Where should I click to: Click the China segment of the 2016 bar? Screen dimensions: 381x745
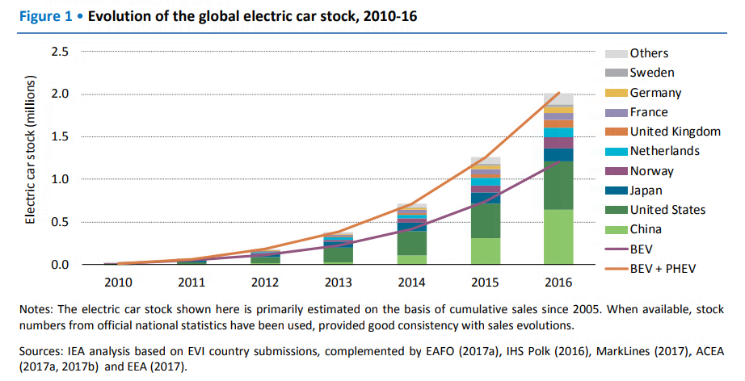(x=558, y=237)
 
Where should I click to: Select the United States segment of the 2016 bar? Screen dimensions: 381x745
(x=558, y=185)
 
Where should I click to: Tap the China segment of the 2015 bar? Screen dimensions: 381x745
(x=486, y=251)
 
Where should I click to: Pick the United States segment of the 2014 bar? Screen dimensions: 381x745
(x=412, y=243)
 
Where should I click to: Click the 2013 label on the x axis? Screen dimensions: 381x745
(x=339, y=282)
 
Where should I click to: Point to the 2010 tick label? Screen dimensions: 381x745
(x=119, y=282)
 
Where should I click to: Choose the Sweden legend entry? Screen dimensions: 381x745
(x=652, y=73)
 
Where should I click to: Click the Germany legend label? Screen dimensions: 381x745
(x=655, y=93)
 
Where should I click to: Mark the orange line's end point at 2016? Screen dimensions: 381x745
(x=558, y=93)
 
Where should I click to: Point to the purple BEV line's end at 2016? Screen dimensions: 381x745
(x=558, y=161)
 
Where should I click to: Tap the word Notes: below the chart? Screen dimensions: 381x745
(x=42, y=309)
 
